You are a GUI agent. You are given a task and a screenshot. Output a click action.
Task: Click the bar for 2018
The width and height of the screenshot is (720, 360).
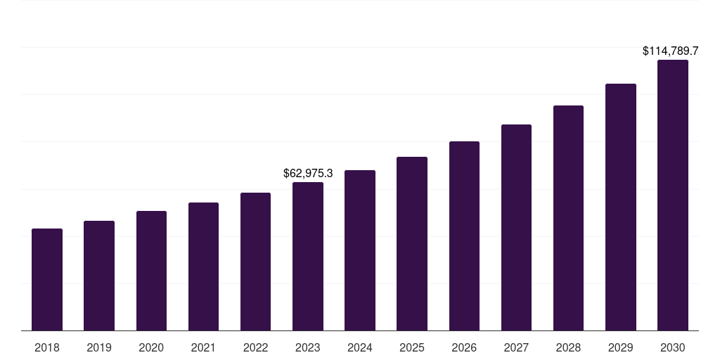(47, 280)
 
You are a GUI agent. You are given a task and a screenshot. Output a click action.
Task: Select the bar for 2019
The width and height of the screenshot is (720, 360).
(99, 276)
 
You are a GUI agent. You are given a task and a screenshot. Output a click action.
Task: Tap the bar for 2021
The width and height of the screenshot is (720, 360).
(203, 266)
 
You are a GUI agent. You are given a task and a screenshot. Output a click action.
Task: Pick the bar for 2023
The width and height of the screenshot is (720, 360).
(308, 257)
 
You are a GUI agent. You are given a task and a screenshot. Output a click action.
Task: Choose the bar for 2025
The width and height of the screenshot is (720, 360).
(412, 244)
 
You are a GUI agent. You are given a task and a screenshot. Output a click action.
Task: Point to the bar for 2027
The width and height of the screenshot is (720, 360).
(516, 228)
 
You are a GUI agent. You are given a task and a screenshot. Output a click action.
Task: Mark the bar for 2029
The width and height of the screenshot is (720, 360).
(620, 207)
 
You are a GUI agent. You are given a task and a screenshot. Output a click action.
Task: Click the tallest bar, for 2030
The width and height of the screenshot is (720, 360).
(673, 195)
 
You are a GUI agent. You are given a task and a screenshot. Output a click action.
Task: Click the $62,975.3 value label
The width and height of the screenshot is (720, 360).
(308, 173)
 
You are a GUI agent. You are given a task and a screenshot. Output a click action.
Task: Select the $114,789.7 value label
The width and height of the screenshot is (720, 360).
(670, 51)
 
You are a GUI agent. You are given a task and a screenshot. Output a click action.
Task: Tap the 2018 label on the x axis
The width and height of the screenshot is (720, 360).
(47, 347)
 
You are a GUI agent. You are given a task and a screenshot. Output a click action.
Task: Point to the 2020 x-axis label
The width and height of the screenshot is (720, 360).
(151, 347)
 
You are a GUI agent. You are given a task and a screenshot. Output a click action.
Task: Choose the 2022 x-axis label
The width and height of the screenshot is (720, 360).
(255, 347)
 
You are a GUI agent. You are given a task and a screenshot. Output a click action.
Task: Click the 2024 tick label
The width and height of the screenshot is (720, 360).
(360, 347)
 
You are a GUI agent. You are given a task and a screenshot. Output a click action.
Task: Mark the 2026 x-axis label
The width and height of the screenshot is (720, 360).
(464, 347)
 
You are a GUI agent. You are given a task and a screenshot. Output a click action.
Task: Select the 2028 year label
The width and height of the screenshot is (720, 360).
(568, 347)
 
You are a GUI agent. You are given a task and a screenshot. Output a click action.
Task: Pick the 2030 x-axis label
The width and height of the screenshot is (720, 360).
(673, 347)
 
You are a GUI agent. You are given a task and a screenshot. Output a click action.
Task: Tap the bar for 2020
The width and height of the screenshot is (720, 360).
(151, 271)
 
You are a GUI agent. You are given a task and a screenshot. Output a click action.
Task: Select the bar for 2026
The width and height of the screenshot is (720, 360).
(464, 236)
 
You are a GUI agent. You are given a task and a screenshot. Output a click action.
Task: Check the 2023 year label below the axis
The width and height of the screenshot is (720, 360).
(308, 347)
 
